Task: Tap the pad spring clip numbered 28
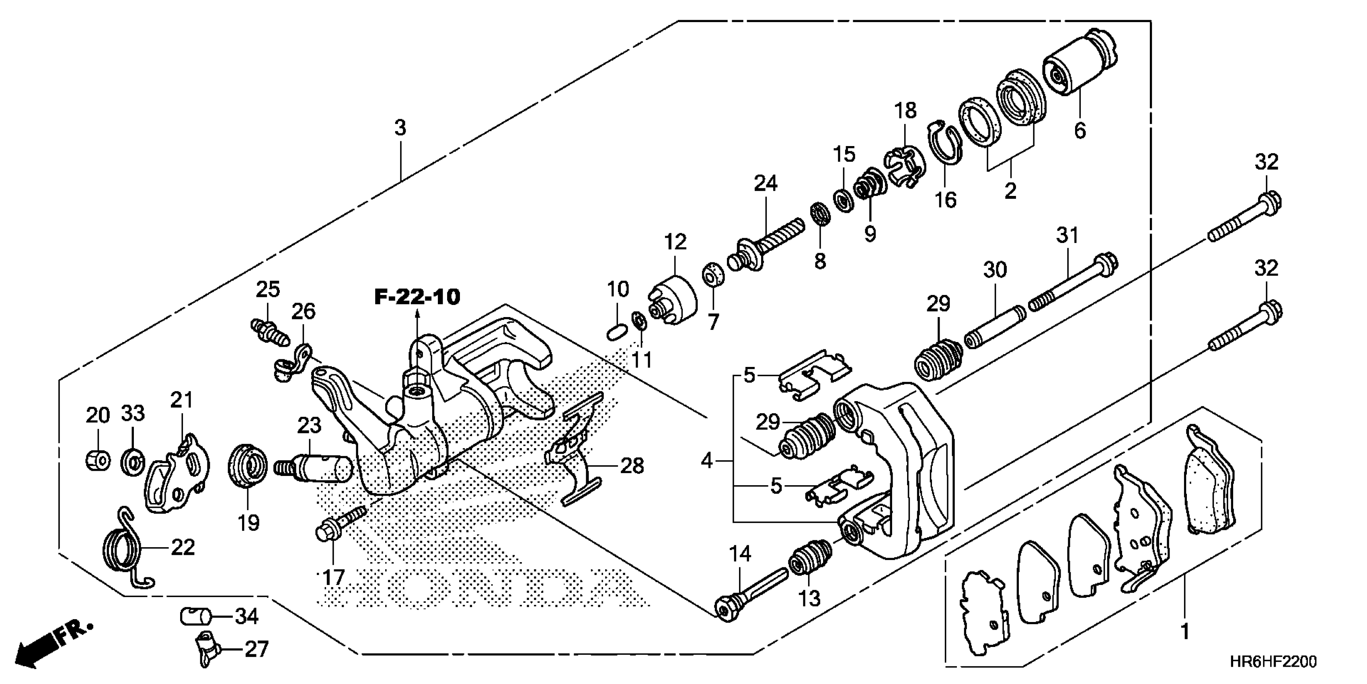click(576, 454)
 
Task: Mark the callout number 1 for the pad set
click(1184, 632)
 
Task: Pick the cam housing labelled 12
click(673, 300)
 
